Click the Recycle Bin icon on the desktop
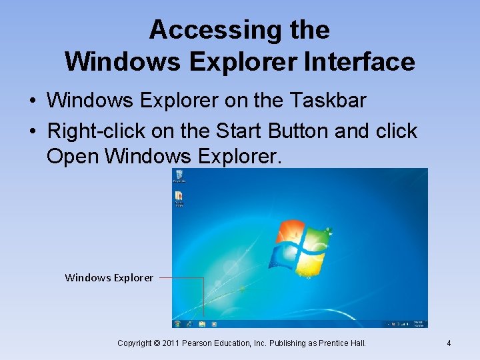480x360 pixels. click(x=179, y=175)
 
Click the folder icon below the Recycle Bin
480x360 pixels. click(x=179, y=197)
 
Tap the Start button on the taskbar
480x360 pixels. click(x=177, y=324)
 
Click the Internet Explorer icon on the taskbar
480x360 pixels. click(x=190, y=324)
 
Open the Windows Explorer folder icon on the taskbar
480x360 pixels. click(x=202, y=324)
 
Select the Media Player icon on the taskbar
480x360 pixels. click(x=214, y=324)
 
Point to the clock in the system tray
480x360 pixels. click(x=419, y=323)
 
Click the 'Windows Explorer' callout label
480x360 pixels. click(x=109, y=277)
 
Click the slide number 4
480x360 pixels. click(x=449, y=343)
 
